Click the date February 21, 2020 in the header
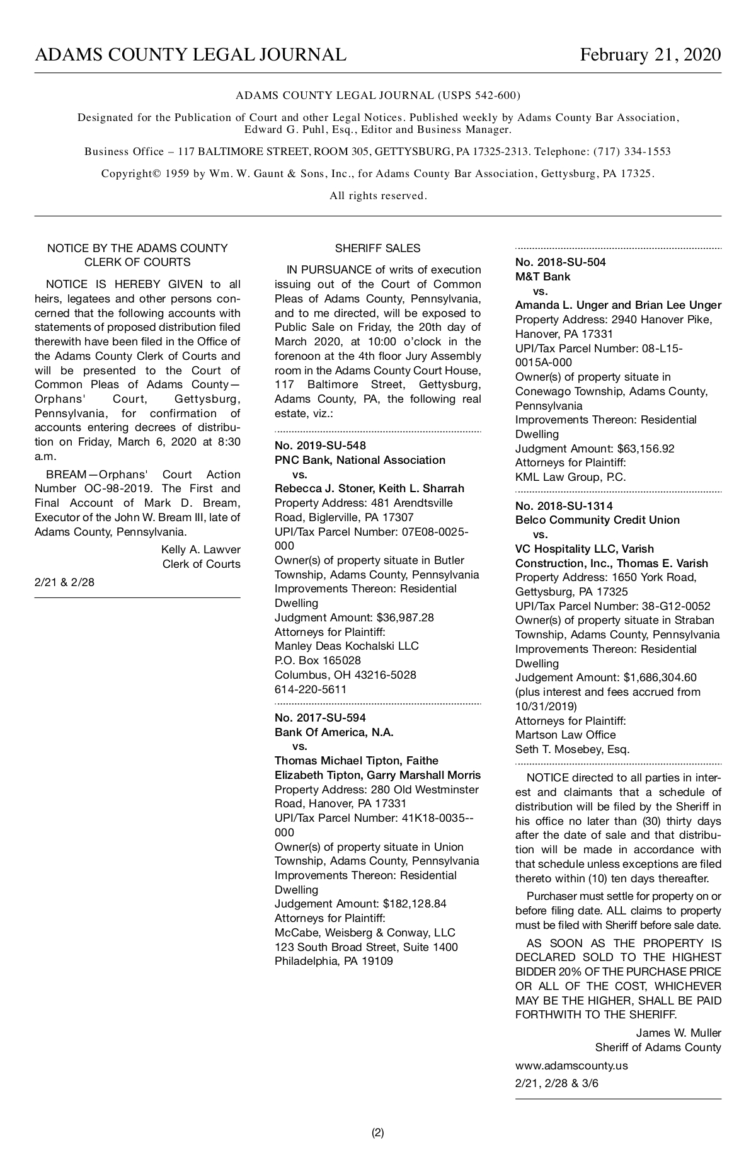[x=650, y=55]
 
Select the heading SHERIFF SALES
[x=377, y=248]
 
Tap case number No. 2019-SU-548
[x=320, y=446]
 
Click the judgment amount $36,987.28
[x=405, y=618]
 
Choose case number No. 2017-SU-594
[x=320, y=718]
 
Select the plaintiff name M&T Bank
[x=542, y=277]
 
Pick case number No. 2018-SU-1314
[x=564, y=505]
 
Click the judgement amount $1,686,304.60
[x=660, y=677]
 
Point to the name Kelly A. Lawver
[x=200, y=550]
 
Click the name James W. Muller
[x=678, y=1032]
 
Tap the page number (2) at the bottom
[x=378, y=1132]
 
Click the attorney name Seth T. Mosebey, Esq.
[x=572, y=749]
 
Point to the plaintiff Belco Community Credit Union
[x=597, y=520]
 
